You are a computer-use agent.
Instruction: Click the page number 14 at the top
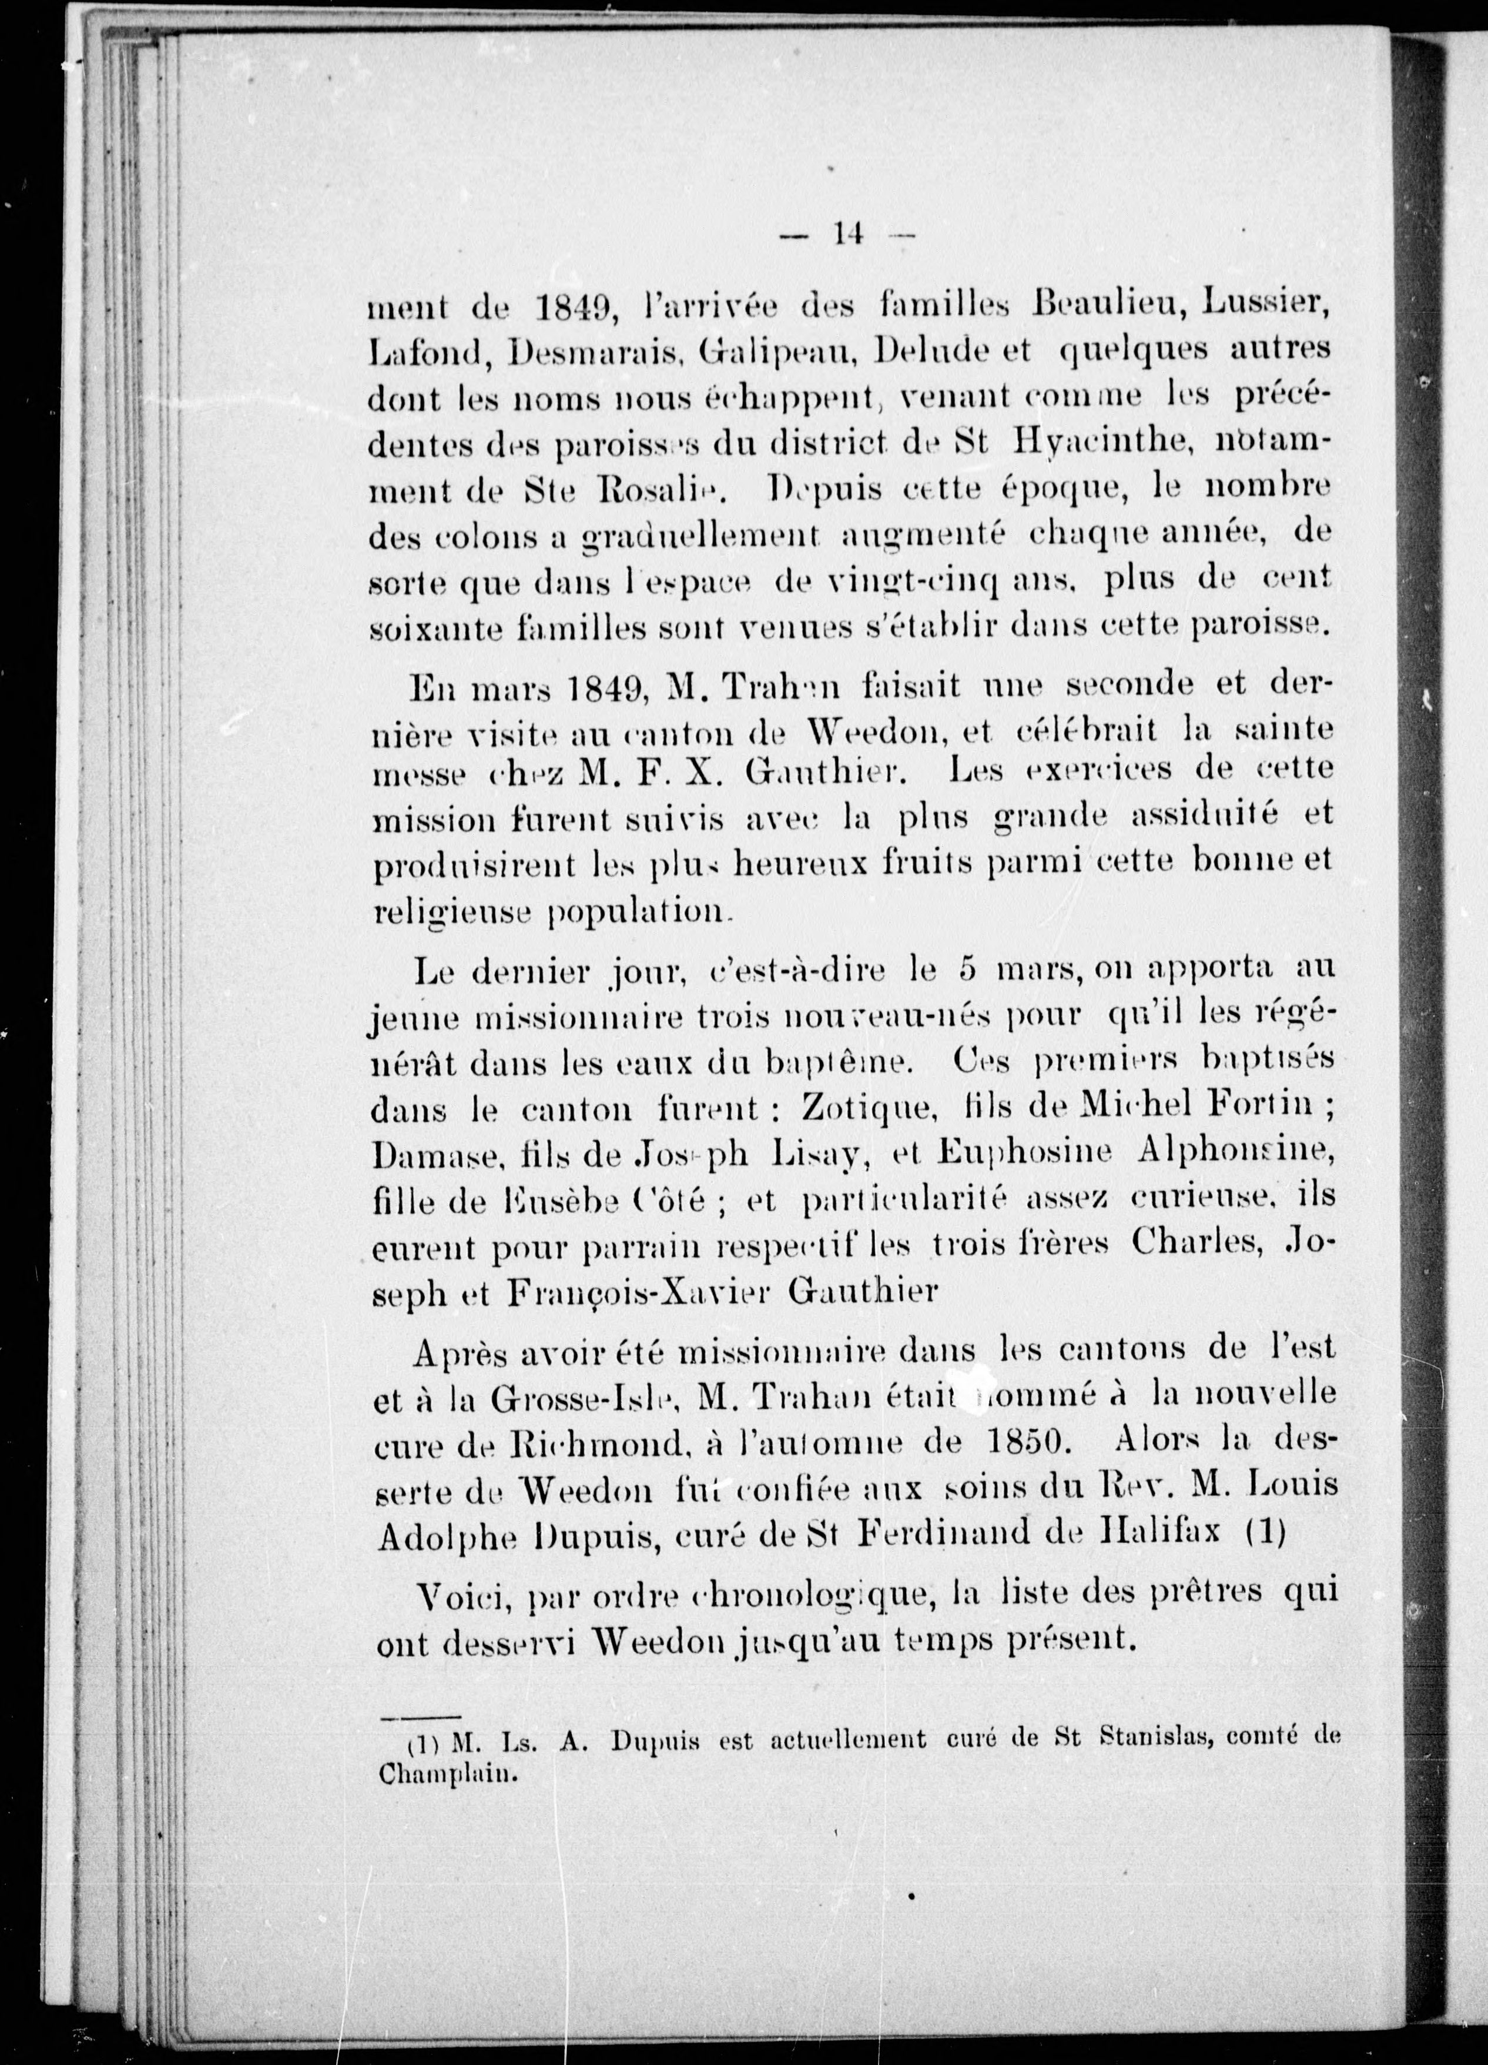tap(846, 235)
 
